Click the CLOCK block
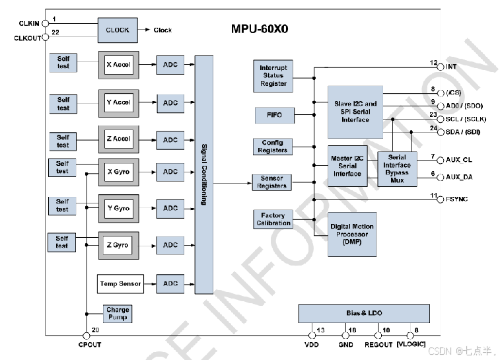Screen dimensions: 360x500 click(x=118, y=30)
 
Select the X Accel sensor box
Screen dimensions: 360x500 click(x=119, y=65)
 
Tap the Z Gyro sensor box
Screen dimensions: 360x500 click(x=118, y=245)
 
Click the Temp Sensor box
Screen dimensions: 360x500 click(x=120, y=284)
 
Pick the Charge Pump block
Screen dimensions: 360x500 click(x=118, y=313)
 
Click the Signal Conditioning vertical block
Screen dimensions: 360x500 click(x=204, y=174)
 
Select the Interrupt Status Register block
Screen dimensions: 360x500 click(x=273, y=76)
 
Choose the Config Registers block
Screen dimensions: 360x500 click(x=273, y=147)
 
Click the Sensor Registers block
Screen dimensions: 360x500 click(x=273, y=182)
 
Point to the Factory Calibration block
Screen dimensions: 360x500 click(x=273, y=219)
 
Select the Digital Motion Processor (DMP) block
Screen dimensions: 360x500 click(x=352, y=234)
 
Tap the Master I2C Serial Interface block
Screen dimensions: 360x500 click(x=347, y=165)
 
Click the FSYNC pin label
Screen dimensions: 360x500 click(x=456, y=199)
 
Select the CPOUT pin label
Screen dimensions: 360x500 click(x=90, y=345)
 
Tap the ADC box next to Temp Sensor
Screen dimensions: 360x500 click(x=170, y=284)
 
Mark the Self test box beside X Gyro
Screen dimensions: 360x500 click(x=62, y=167)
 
